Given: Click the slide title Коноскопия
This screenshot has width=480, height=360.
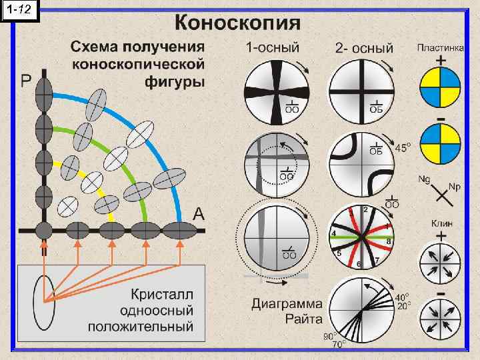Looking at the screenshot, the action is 237,24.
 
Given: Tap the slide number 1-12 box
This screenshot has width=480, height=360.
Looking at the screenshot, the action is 21,9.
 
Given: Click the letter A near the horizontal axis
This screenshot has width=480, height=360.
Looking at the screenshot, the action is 198,214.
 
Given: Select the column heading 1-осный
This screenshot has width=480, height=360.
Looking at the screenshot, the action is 273,48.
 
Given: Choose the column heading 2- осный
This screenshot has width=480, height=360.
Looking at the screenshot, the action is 365,48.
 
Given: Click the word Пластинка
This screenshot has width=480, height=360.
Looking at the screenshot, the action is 441,47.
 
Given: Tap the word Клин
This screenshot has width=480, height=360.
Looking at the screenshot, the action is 441,225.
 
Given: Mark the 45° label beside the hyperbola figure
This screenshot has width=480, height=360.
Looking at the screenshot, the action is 403,147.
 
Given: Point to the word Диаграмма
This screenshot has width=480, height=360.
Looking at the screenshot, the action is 286,303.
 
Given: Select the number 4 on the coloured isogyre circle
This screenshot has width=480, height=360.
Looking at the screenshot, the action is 333,233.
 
